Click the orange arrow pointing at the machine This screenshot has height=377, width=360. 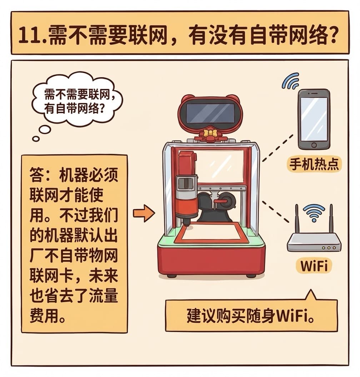144,213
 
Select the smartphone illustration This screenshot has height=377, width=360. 314,120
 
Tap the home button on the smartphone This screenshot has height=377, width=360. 314,145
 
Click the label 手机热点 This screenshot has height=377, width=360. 314,165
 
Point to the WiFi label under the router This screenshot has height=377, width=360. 314,266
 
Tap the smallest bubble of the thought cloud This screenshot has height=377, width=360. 36,139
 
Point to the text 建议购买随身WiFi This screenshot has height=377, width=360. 251,316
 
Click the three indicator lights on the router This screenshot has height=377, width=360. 329,248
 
